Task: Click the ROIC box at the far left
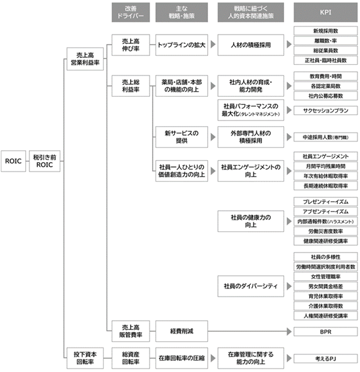13,161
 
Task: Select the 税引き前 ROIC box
45,161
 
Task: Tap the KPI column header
325,13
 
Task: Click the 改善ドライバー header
131,13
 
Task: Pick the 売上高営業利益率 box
85,59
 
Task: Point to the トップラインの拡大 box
182,45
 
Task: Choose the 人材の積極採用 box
251,45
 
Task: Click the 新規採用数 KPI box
325,31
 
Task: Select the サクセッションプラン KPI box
325,111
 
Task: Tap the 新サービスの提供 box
182,137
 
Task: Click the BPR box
325,332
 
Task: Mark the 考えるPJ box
325,359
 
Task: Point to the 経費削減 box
182,331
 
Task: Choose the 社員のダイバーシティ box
251,286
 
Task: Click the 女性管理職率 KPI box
325,276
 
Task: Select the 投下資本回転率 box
85,358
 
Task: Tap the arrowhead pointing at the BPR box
289,331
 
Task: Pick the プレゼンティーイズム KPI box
325,202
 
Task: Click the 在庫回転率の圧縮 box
182,358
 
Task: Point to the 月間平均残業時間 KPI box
325,167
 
